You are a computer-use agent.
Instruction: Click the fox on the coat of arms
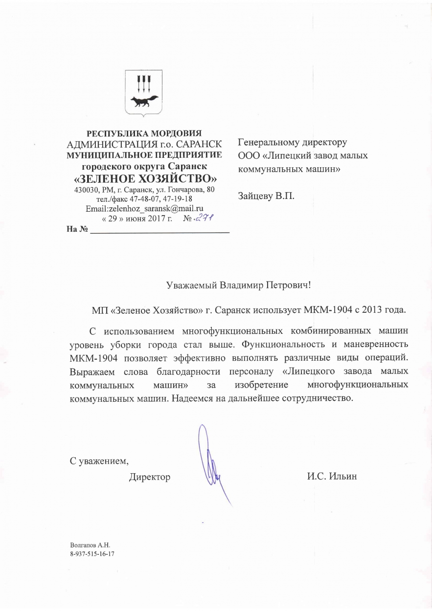point(144,102)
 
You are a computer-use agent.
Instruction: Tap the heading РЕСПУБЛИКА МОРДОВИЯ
point(144,133)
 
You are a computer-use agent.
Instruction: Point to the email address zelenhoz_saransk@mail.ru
point(144,209)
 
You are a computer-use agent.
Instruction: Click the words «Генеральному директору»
point(292,143)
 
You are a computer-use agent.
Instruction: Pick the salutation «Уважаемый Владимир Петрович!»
point(238,284)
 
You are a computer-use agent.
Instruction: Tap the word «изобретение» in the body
point(261,386)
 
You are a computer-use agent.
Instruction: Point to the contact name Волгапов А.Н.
point(91,545)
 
